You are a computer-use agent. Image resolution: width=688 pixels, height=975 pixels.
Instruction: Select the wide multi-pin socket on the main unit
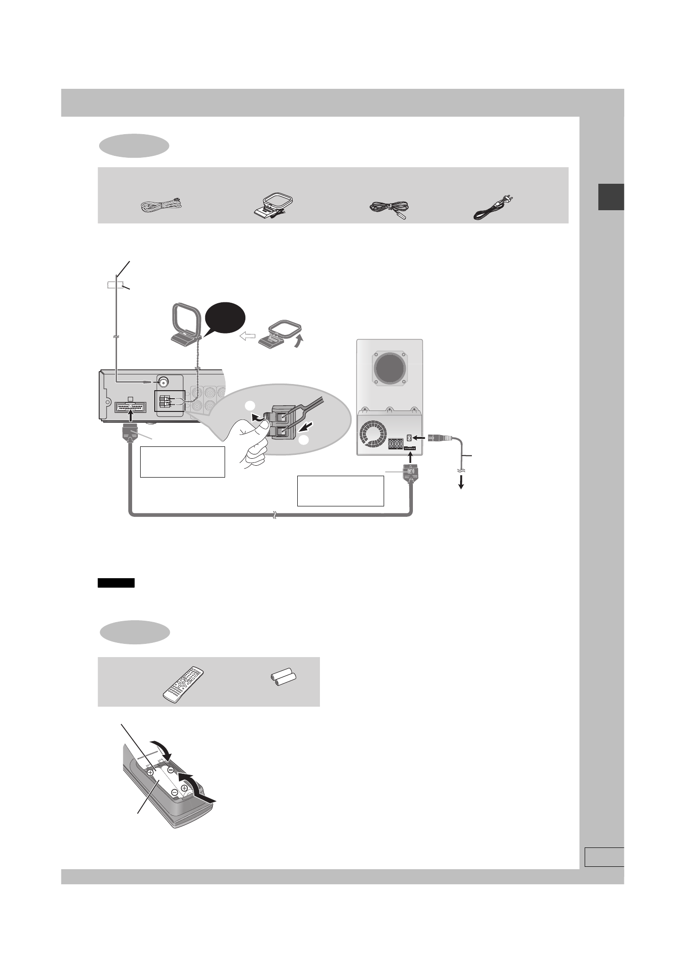(x=130, y=407)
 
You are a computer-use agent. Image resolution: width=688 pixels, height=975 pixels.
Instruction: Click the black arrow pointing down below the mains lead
(x=461, y=483)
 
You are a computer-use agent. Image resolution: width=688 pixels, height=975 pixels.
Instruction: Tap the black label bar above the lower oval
(x=116, y=582)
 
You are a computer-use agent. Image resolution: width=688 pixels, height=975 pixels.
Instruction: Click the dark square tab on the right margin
(x=611, y=197)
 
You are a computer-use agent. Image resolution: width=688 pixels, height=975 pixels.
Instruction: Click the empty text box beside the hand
(x=182, y=462)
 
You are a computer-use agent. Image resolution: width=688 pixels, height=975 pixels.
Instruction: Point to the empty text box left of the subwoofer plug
(x=340, y=491)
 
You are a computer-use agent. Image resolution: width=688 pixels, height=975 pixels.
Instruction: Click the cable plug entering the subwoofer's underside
(x=409, y=474)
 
